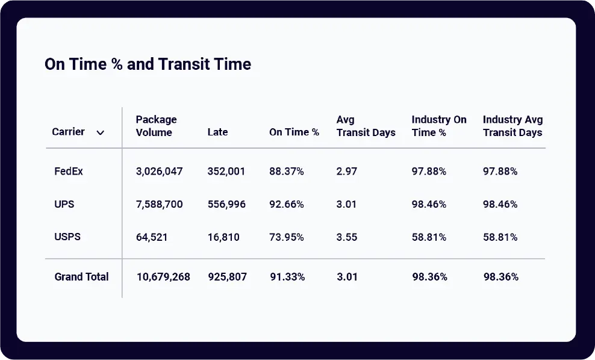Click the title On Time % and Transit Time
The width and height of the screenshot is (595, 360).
pyautogui.click(x=148, y=64)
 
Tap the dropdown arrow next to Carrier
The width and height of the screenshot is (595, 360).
pyautogui.click(x=101, y=132)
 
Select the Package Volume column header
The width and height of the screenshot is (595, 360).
pyautogui.click(x=156, y=126)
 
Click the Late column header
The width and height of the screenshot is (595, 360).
pyautogui.click(x=217, y=132)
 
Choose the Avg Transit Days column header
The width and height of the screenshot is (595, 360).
pyautogui.click(x=366, y=126)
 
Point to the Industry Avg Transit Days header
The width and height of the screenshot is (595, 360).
pyautogui.click(x=512, y=126)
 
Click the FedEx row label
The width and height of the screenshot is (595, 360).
pyautogui.click(x=69, y=172)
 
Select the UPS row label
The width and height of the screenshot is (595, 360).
pyautogui.click(x=64, y=204)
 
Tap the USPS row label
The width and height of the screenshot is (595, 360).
pyautogui.click(x=67, y=237)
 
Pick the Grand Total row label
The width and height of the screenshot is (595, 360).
pyautogui.click(x=81, y=277)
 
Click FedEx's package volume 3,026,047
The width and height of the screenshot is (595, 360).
pyautogui.click(x=159, y=172)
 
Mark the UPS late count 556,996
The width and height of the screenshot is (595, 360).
pyautogui.click(x=226, y=204)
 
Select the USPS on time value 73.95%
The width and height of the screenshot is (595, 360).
pyautogui.click(x=287, y=237)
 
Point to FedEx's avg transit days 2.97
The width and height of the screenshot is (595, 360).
pyautogui.click(x=347, y=172)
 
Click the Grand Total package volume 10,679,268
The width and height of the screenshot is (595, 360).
pyautogui.click(x=163, y=277)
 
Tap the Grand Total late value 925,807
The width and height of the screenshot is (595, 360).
pyautogui.click(x=227, y=277)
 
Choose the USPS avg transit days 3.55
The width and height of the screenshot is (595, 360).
pyautogui.click(x=347, y=237)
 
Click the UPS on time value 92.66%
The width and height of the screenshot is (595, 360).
pyautogui.click(x=287, y=204)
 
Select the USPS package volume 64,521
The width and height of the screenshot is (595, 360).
pyautogui.click(x=152, y=237)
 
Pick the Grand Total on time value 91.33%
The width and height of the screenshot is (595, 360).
pyautogui.click(x=287, y=277)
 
